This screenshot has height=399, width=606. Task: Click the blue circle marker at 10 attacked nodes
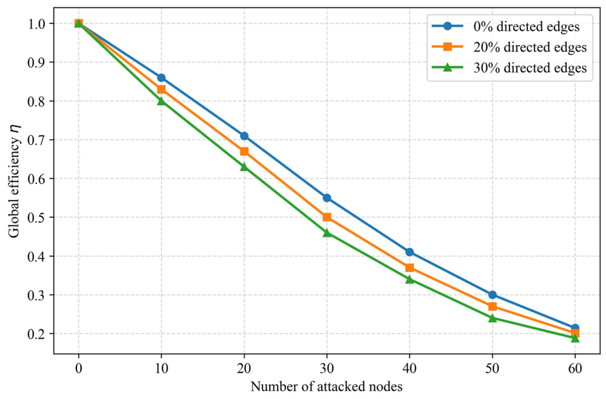pyautogui.click(x=161, y=78)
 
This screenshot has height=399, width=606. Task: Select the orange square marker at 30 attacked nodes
pyautogui.click(x=327, y=217)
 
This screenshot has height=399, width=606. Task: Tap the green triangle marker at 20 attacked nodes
pyautogui.click(x=244, y=166)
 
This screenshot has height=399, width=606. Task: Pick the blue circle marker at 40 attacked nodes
pyautogui.click(x=410, y=252)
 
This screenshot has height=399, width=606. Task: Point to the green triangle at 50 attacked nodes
pyautogui.click(x=492, y=318)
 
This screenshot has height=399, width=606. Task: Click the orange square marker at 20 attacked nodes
pyautogui.click(x=244, y=151)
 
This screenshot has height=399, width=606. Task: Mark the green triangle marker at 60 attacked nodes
pyautogui.click(x=575, y=338)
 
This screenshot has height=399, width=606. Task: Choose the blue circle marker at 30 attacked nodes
pyautogui.click(x=327, y=198)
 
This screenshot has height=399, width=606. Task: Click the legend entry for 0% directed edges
pyautogui.click(x=506, y=26)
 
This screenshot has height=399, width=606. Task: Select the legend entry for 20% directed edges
pyautogui.click(x=509, y=47)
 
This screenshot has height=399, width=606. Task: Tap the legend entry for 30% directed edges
pyautogui.click(x=509, y=68)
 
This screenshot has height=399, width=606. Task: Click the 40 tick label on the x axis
pyautogui.click(x=410, y=368)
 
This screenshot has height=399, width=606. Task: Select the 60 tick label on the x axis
pyautogui.click(x=575, y=368)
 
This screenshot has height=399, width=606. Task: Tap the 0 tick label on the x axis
pyautogui.click(x=79, y=368)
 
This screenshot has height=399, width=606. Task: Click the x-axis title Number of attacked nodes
pyautogui.click(x=327, y=386)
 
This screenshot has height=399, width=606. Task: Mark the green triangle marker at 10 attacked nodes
pyautogui.click(x=161, y=101)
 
